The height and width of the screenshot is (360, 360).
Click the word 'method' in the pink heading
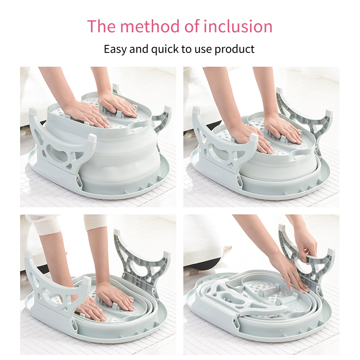tap(150, 26)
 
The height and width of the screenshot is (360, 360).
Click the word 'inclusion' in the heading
tap(238, 26)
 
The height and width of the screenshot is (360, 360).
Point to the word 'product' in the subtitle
tap(235, 49)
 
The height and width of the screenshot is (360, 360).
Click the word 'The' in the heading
tap(101, 26)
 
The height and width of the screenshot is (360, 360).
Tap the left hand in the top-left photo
tap(87, 114)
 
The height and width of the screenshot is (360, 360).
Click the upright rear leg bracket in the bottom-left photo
tap(142, 262)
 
